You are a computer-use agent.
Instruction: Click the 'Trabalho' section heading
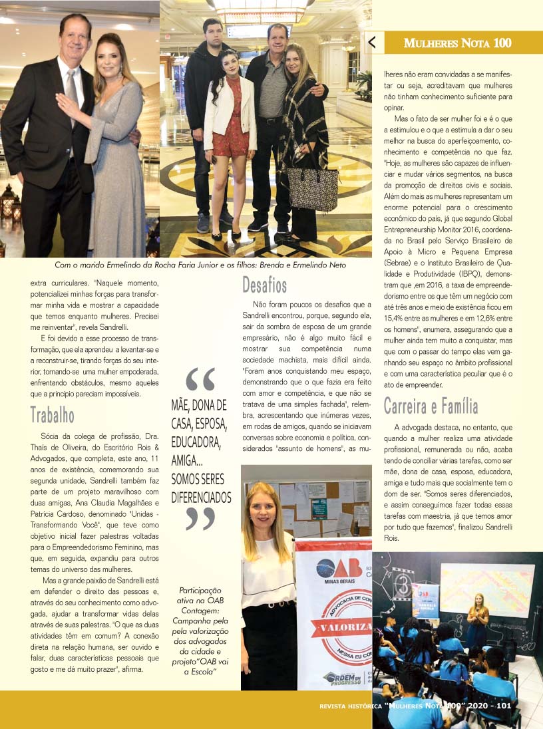coord(53,415)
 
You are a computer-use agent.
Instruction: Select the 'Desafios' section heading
coord(264,285)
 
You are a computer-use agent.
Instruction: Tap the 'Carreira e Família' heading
coord(431,406)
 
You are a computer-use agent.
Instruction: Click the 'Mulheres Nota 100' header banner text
coord(458,43)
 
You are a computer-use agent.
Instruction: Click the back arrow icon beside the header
coord(372,43)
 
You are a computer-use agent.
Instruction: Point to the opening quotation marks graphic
coord(200,379)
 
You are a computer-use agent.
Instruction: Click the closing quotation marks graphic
coord(200,517)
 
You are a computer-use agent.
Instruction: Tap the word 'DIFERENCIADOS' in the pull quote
coord(201,497)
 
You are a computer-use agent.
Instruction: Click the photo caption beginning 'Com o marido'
coord(200,265)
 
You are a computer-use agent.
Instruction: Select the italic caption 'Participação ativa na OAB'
coord(202,629)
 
